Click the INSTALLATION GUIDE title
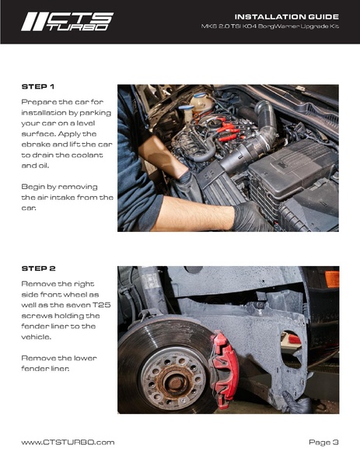[x=285, y=16]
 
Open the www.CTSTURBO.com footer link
[x=68, y=442]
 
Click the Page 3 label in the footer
[x=323, y=442]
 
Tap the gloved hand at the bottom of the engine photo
[x=250, y=217]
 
